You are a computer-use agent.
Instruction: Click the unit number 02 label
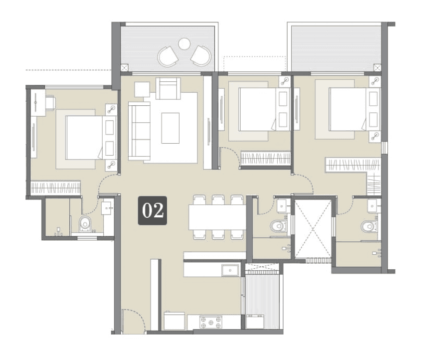(x=152, y=210)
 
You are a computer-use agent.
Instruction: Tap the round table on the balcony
(x=184, y=44)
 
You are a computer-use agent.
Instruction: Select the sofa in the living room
(x=138, y=130)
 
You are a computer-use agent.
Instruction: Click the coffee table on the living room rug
(x=170, y=128)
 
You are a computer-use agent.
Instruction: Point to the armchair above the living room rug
(x=168, y=89)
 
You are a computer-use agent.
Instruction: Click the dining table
(x=217, y=217)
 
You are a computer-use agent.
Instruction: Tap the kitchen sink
(x=229, y=270)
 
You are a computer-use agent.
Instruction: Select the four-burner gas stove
(x=211, y=322)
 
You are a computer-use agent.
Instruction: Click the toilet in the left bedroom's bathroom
(x=85, y=224)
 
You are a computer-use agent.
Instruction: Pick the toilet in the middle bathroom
(x=278, y=226)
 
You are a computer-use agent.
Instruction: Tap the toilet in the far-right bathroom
(x=369, y=226)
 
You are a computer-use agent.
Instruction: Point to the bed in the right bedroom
(x=348, y=109)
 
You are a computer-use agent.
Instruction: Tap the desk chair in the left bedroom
(x=50, y=103)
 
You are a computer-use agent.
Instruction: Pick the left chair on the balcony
(x=168, y=56)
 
